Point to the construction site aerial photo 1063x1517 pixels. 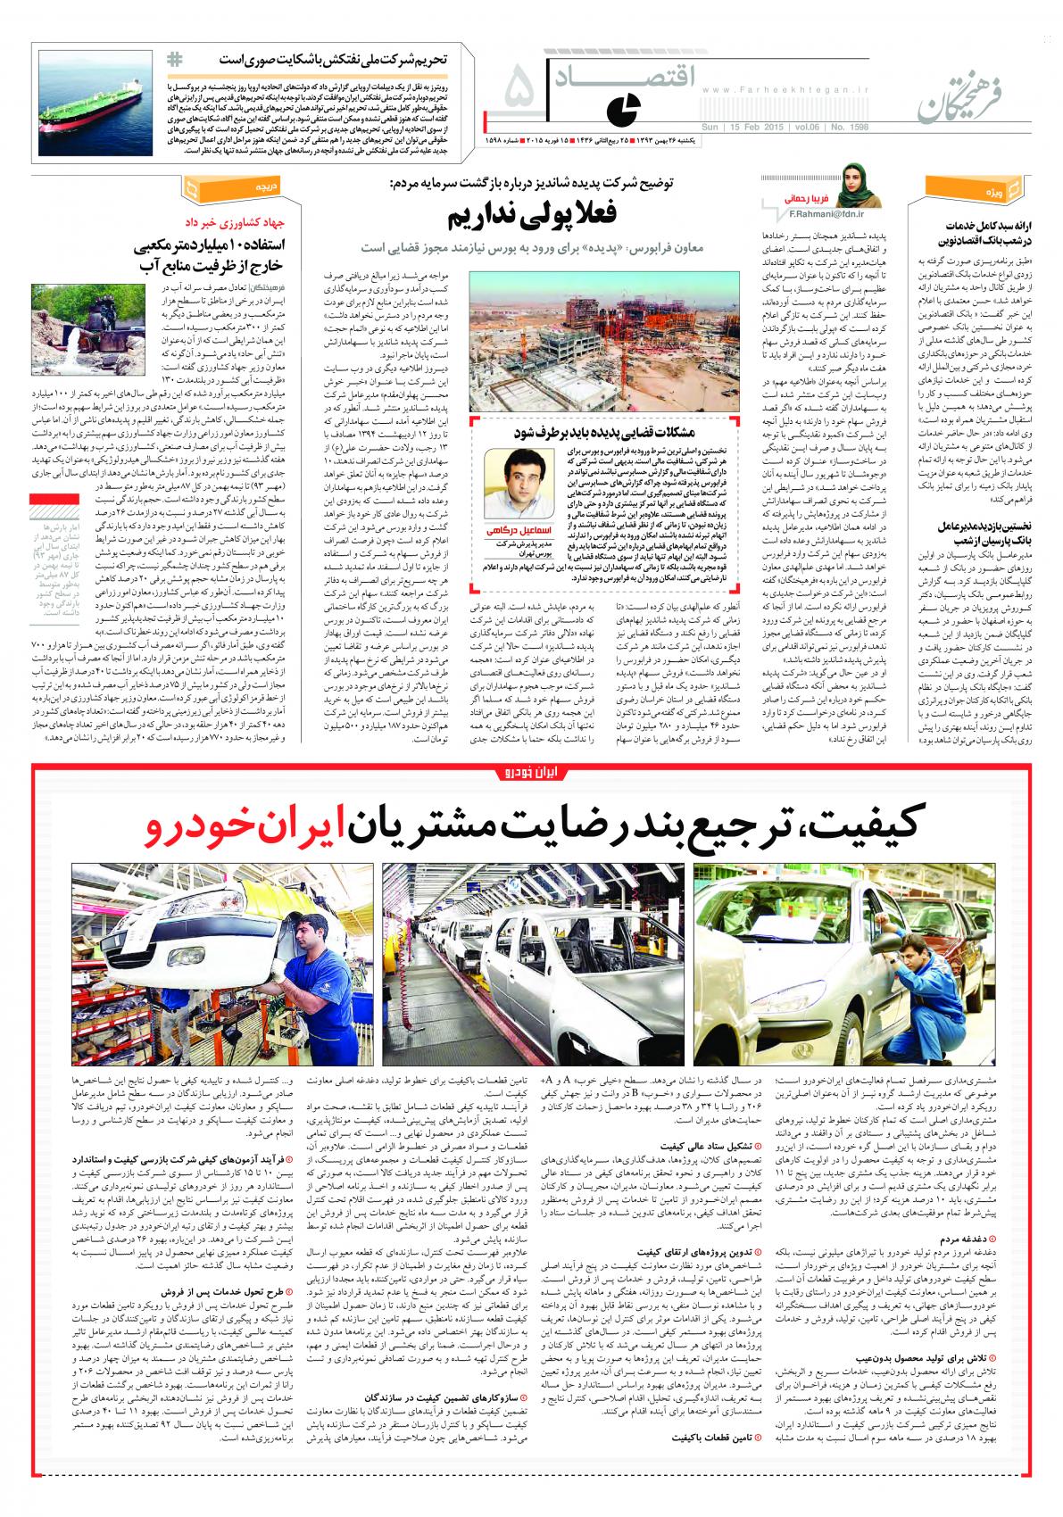(604, 340)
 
